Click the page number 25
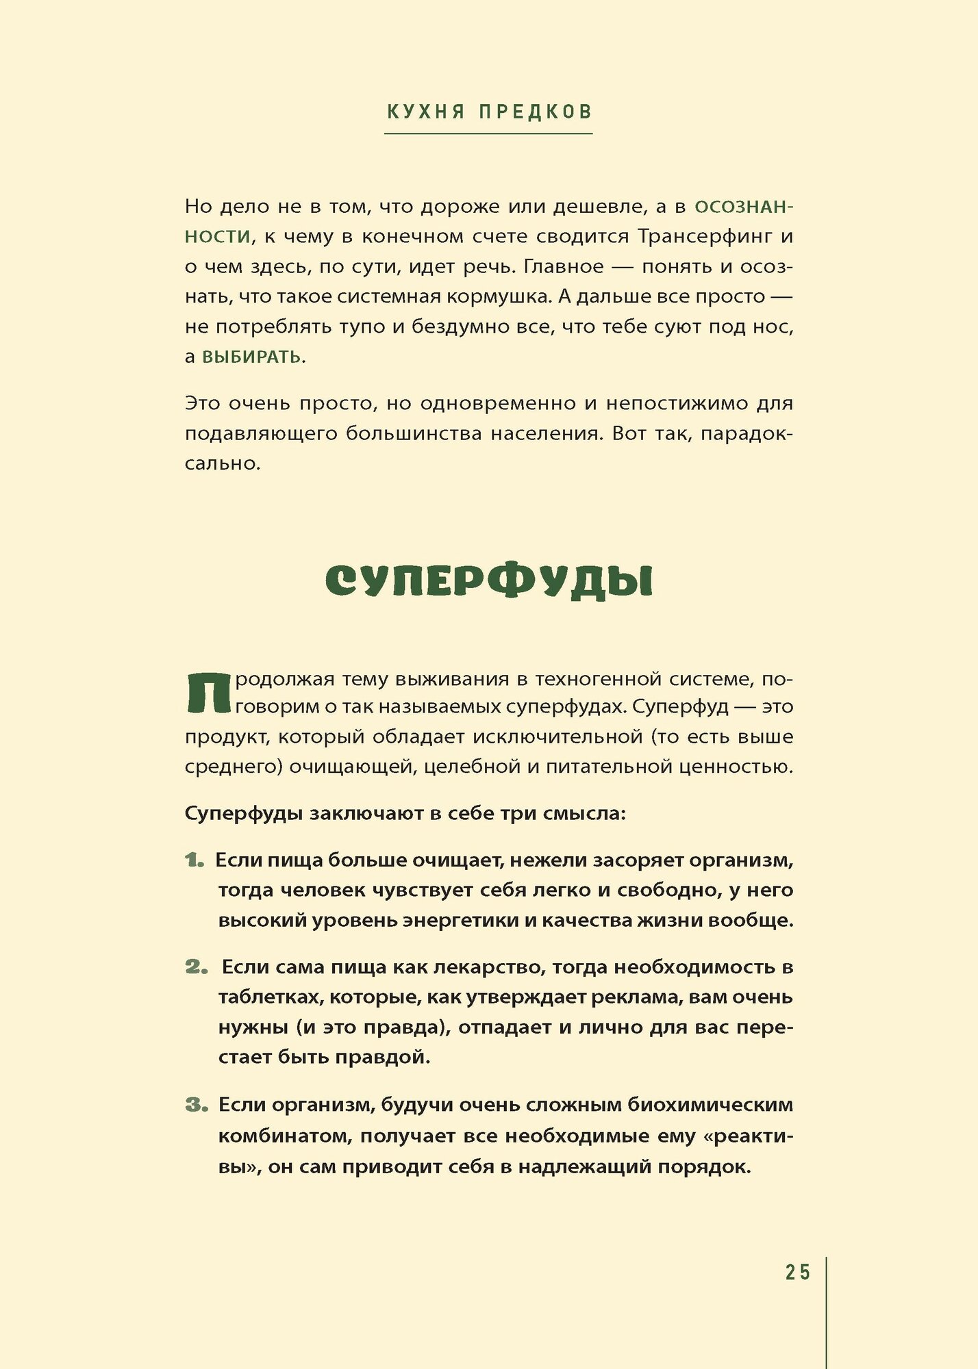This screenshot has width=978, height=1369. pyautogui.click(x=797, y=1272)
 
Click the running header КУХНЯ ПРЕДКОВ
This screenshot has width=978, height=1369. pyautogui.click(x=489, y=112)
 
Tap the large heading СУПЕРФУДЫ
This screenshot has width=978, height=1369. pyautogui.click(x=488, y=582)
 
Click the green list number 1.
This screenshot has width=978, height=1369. pyautogui.click(x=195, y=860)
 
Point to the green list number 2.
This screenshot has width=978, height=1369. pyautogui.click(x=196, y=967)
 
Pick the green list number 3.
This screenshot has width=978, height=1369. pyautogui.click(x=196, y=1105)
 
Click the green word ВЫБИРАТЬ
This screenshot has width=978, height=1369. pyautogui.click(x=251, y=357)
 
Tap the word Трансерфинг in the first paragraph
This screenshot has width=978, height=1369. pyautogui.click(x=705, y=236)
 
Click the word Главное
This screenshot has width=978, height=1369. pyautogui.click(x=564, y=266)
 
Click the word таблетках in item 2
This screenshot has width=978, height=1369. pyautogui.click(x=270, y=997)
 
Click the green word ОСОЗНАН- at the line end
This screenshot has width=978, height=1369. pyautogui.click(x=744, y=207)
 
